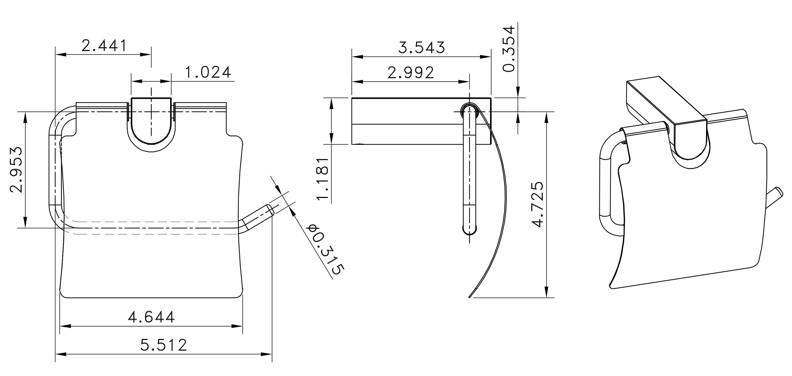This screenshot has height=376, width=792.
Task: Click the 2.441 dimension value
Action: pos(104,46)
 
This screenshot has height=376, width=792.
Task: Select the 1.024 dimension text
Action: pos(208,72)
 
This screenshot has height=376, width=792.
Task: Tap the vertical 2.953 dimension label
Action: pos(16,170)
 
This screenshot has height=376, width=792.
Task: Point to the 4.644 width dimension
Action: pos(151,317)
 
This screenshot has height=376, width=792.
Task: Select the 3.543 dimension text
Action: pos(422,48)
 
